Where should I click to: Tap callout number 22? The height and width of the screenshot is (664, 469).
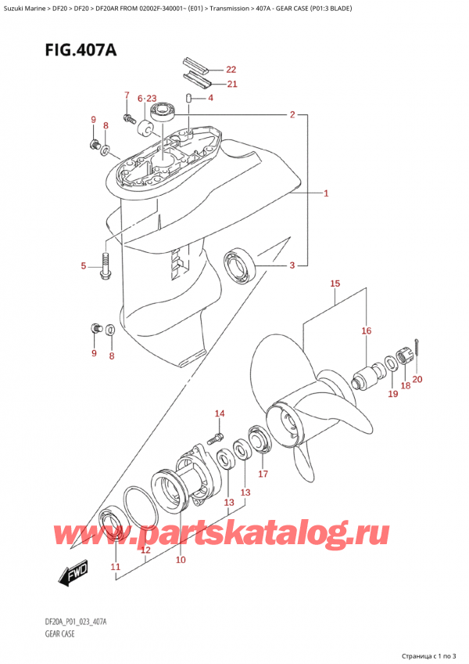point(231,69)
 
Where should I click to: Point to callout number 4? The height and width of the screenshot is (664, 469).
point(210,98)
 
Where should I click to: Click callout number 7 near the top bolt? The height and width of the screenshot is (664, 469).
point(126,95)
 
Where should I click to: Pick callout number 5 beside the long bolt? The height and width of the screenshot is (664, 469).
point(84,267)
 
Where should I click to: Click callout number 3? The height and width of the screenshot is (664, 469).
point(292,266)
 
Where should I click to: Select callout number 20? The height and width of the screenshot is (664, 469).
point(417,379)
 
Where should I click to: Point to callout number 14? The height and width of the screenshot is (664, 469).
point(220,413)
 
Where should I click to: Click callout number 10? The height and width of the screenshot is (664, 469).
point(181,559)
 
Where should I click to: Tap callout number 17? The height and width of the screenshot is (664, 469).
point(263,474)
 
